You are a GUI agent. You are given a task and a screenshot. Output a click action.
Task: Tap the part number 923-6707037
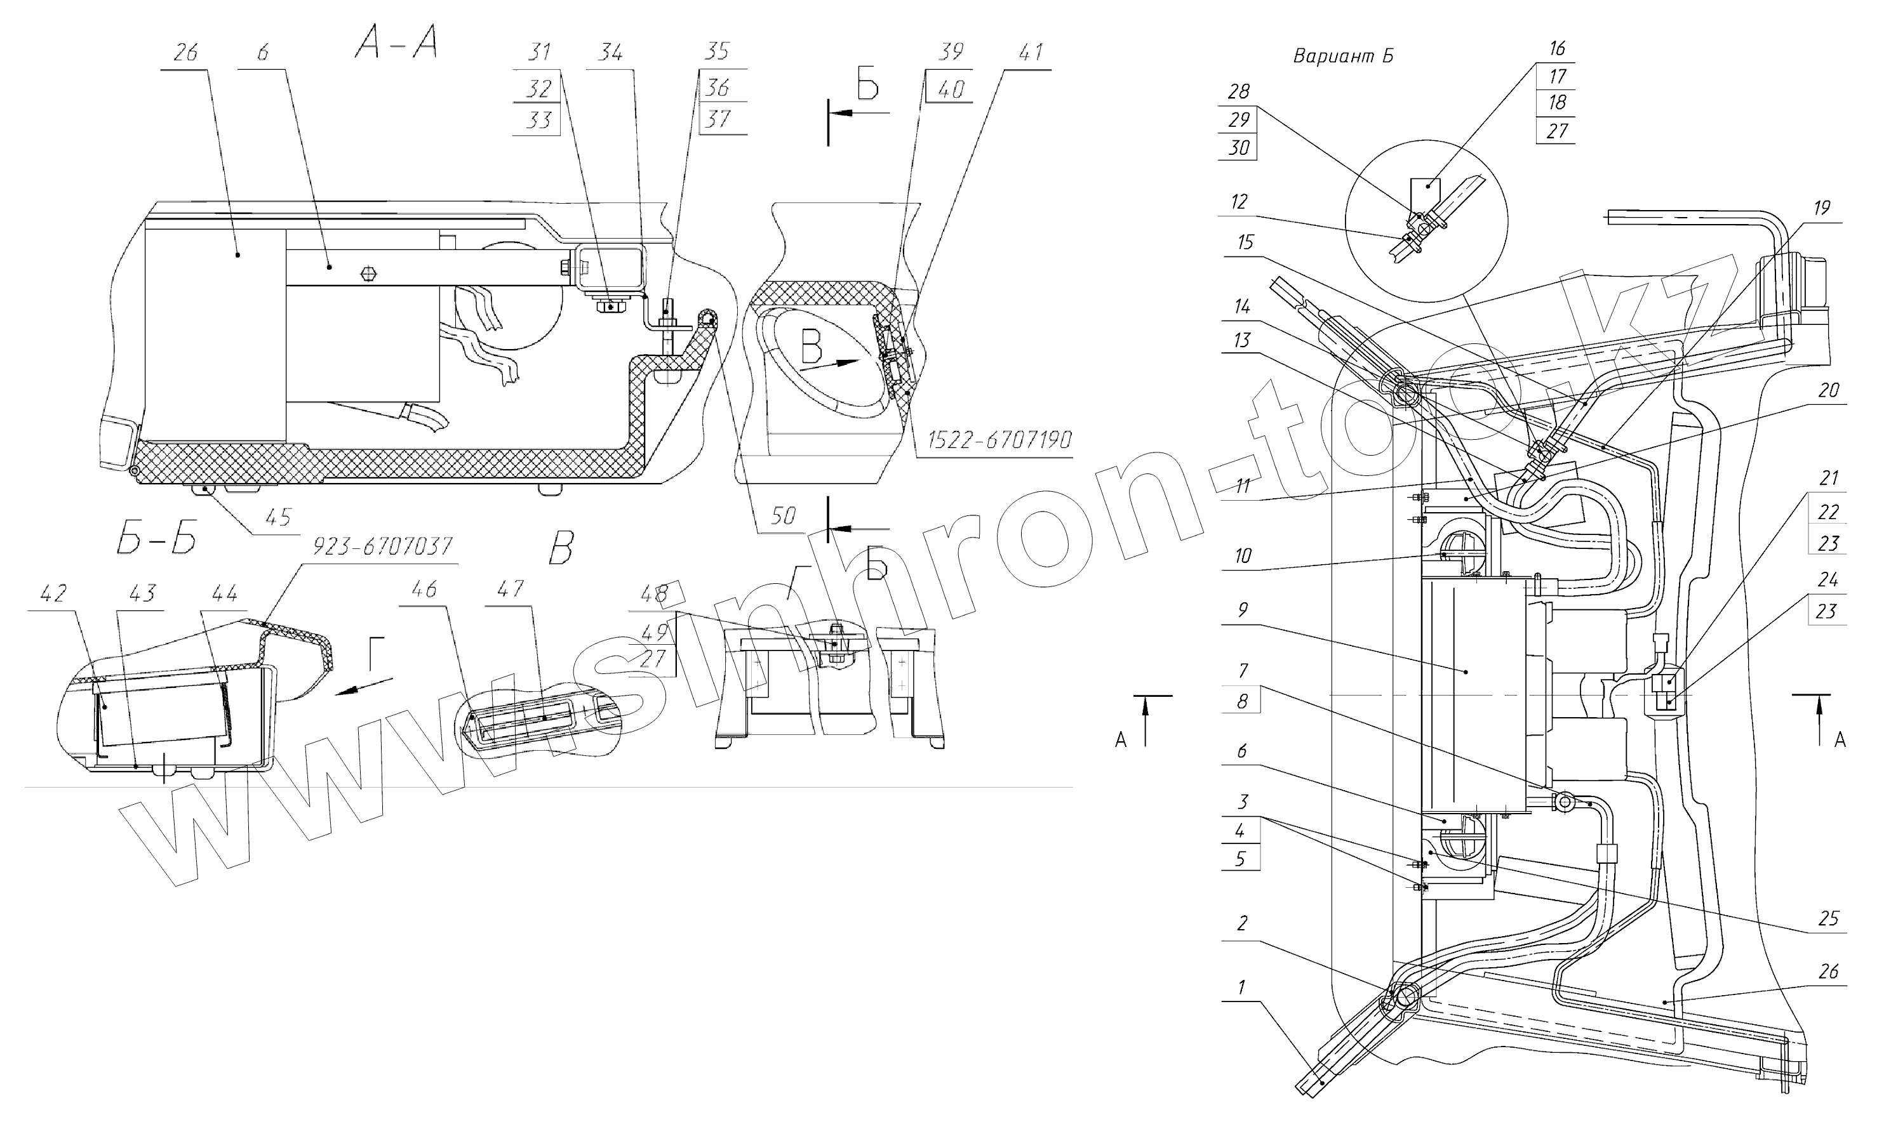click(382, 546)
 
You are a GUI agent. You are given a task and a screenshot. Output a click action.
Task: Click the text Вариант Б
click(1342, 56)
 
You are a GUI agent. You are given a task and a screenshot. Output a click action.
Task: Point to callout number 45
click(278, 517)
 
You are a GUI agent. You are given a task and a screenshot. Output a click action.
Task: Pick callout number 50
click(783, 515)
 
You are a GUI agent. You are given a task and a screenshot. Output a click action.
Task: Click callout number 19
click(1821, 208)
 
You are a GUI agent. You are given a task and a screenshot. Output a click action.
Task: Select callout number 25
click(1828, 918)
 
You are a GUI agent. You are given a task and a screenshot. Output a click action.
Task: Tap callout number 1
click(1241, 987)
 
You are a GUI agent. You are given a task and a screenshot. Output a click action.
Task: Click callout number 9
click(1242, 610)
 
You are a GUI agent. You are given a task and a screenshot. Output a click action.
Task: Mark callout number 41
click(1031, 52)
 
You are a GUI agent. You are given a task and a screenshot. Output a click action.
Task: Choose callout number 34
click(610, 52)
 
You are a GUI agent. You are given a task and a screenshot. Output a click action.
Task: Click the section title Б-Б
click(156, 541)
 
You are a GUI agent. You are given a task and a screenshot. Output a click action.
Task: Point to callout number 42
click(53, 593)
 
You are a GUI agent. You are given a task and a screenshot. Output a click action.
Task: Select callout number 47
click(510, 589)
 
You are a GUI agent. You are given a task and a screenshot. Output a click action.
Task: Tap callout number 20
click(1828, 390)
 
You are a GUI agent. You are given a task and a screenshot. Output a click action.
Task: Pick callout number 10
click(1242, 556)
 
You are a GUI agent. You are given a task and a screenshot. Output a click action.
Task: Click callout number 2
click(1242, 923)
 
